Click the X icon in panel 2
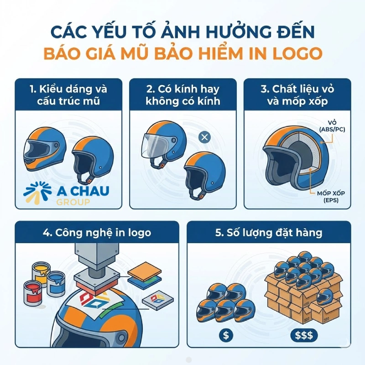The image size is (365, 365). (x=205, y=137)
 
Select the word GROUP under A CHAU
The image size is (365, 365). (x=73, y=202)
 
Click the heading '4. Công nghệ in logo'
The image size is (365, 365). (x=97, y=232)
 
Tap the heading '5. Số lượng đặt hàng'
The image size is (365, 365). (x=269, y=232)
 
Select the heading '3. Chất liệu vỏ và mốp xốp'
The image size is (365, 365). (x=300, y=94)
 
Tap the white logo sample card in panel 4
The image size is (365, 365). (x=157, y=299)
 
